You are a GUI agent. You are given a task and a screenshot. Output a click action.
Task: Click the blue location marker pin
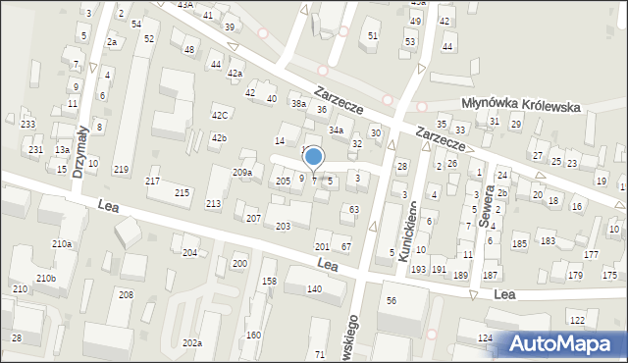tap(314, 158)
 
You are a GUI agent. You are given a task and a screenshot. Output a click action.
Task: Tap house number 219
tap(121, 170)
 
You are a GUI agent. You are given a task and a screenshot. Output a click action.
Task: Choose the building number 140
tap(314, 288)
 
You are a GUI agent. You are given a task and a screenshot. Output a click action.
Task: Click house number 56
tap(391, 300)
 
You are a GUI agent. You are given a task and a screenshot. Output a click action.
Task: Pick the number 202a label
tap(191, 342)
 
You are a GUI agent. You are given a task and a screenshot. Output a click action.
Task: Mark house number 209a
tap(241, 173)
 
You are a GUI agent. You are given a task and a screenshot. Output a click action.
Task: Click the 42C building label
tap(220, 115)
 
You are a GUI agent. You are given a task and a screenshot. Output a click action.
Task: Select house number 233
tap(27, 124)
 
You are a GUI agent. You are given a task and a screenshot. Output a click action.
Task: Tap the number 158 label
tap(269, 283)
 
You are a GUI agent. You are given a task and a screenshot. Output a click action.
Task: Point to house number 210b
tap(46, 279)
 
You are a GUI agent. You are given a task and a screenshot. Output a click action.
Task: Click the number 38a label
tap(298, 103)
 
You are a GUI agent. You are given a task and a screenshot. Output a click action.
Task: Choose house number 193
tap(418, 269)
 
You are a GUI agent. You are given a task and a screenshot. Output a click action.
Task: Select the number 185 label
tap(519, 242)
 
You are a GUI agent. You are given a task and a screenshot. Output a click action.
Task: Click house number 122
tap(577, 321)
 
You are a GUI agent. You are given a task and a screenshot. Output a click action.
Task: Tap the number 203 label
tap(283, 227)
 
